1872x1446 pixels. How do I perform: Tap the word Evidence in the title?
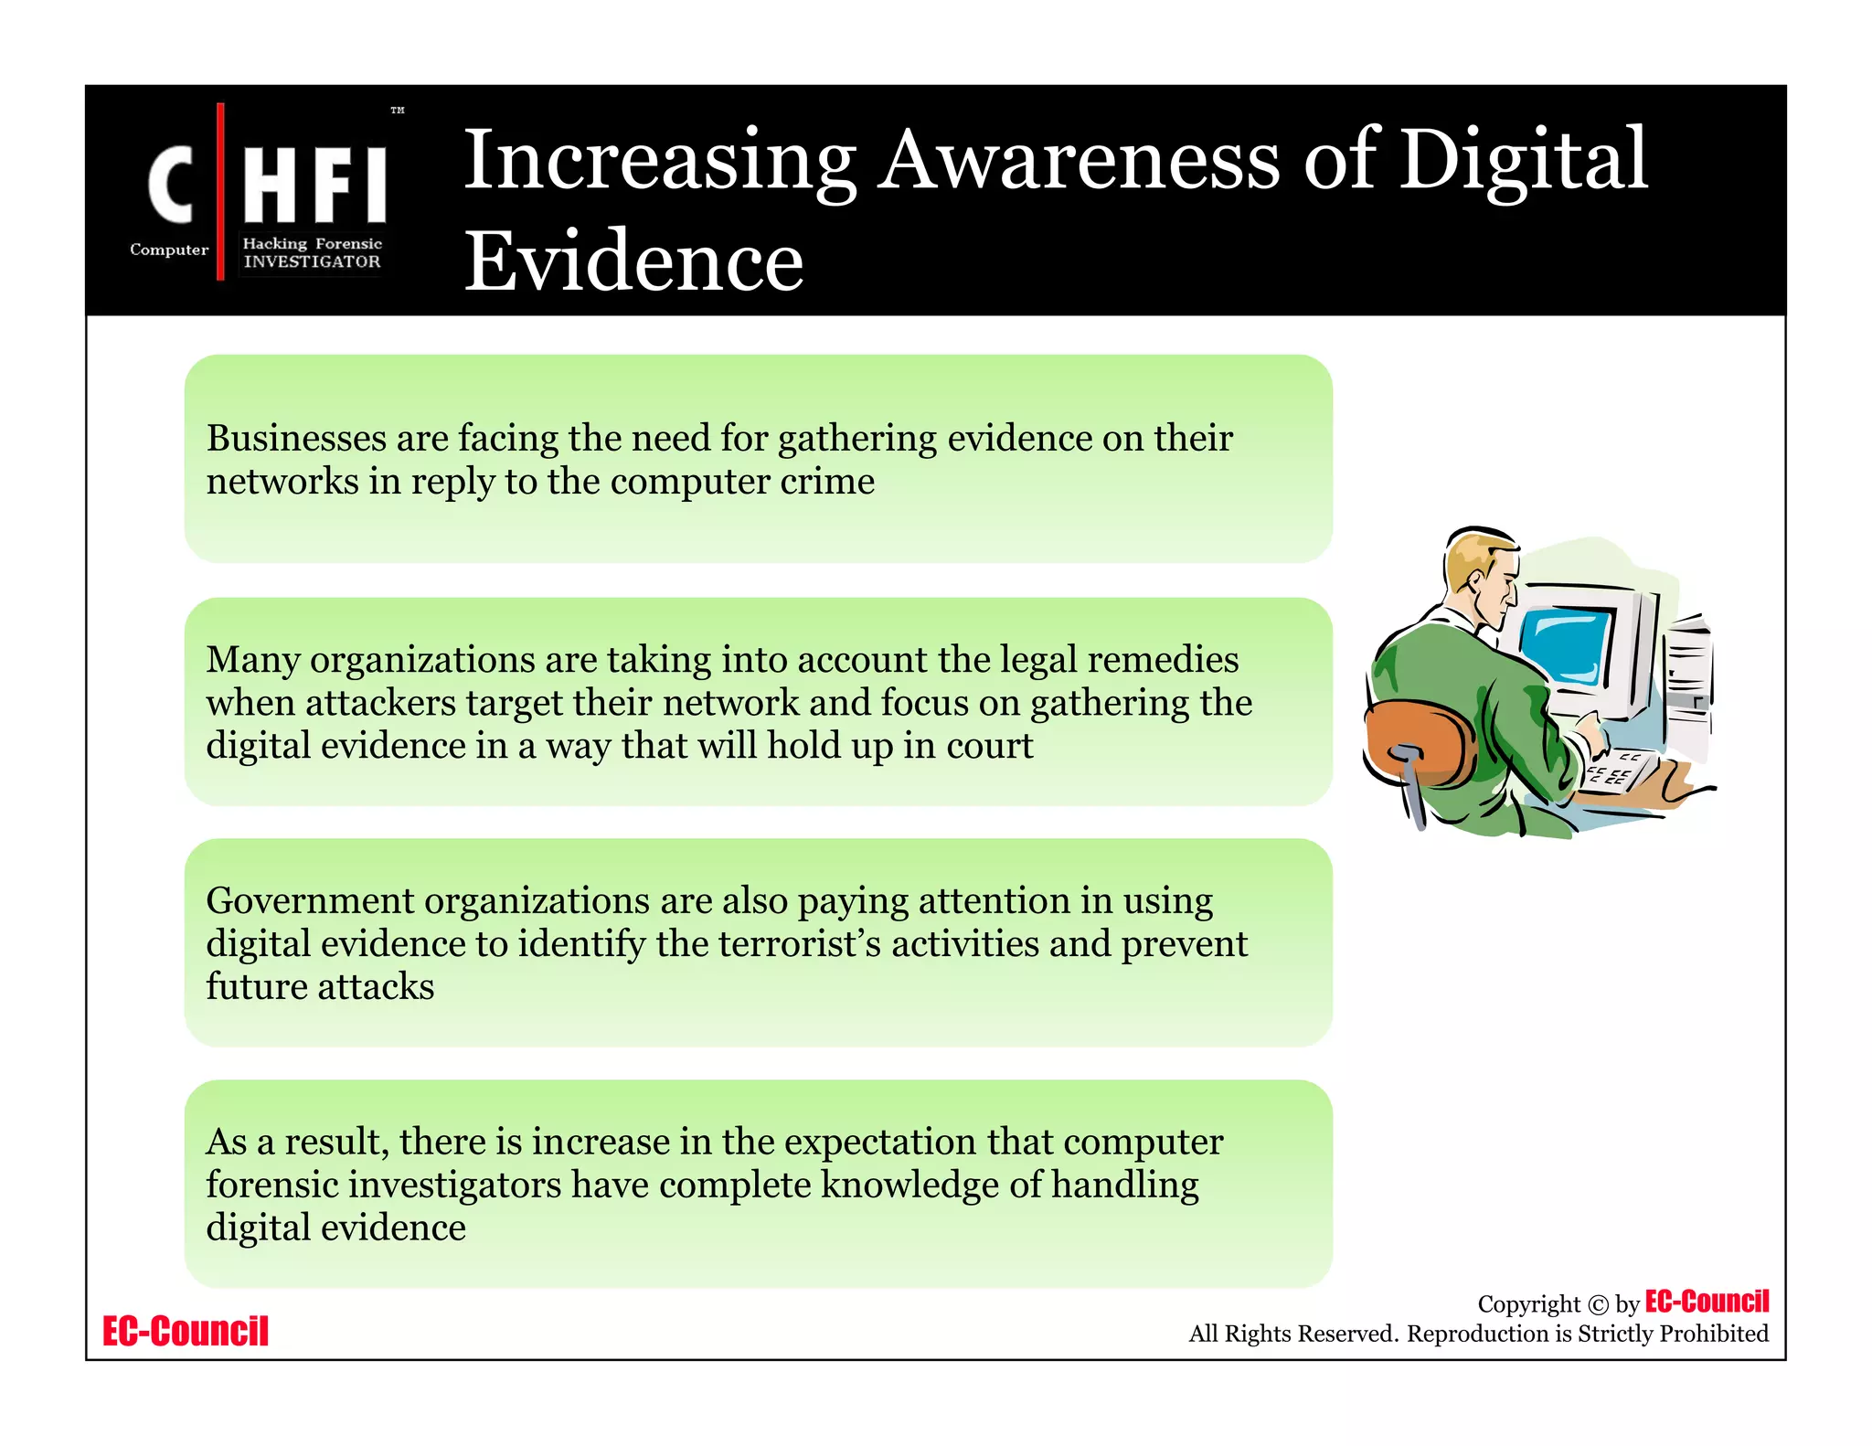point(633,261)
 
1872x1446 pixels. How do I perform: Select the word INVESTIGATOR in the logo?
point(312,261)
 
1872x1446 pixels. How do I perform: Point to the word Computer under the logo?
point(169,250)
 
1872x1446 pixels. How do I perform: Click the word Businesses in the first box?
point(296,439)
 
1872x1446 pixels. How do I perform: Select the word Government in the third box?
point(310,901)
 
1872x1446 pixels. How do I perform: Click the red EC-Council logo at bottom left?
point(186,1331)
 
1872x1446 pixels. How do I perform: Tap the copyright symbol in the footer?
point(1597,1305)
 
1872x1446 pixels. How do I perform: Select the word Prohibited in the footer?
point(1714,1334)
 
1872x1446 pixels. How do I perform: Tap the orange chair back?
point(1417,740)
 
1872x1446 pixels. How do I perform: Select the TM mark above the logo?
point(397,111)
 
